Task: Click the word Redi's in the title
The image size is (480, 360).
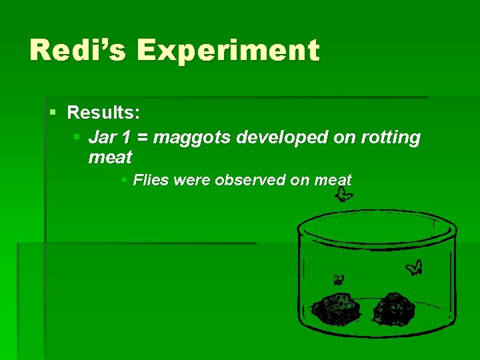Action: tap(75, 51)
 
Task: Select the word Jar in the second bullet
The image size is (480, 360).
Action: tap(102, 137)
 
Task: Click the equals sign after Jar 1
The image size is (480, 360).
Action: tap(145, 138)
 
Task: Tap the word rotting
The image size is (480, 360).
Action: tap(391, 139)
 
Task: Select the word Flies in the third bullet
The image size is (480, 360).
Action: tap(151, 179)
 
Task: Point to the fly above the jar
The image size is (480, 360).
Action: tap(345, 194)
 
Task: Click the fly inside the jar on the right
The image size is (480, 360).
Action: tap(415, 267)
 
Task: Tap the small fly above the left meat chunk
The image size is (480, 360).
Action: tap(339, 280)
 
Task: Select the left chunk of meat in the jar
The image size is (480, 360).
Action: tap(337, 307)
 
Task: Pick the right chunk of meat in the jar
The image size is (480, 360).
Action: tap(394, 307)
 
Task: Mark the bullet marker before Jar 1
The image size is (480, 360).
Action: tap(77, 137)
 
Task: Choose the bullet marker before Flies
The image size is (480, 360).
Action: tap(124, 179)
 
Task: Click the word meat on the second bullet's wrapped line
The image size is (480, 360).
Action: tap(110, 157)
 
